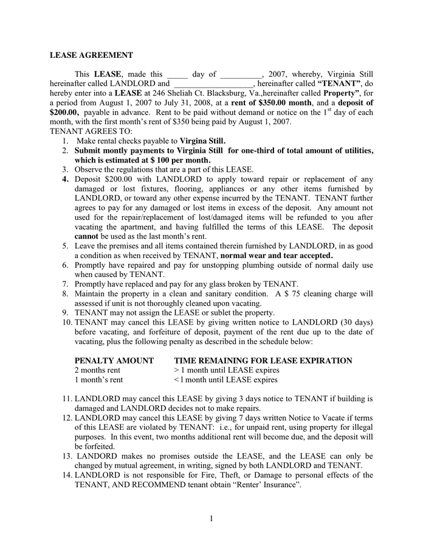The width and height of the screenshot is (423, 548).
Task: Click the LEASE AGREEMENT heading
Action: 91,55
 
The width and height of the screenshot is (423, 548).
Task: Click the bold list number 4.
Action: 65,179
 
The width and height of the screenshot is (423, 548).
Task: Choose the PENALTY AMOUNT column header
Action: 114,360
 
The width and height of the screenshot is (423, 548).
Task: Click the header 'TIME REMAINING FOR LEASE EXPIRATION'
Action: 263,360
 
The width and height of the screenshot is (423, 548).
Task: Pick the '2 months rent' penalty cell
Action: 97,370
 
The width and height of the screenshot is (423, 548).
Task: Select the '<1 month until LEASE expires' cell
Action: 225,380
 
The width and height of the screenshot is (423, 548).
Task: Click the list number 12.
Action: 67,418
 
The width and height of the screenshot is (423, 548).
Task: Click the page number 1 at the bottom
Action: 211,518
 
